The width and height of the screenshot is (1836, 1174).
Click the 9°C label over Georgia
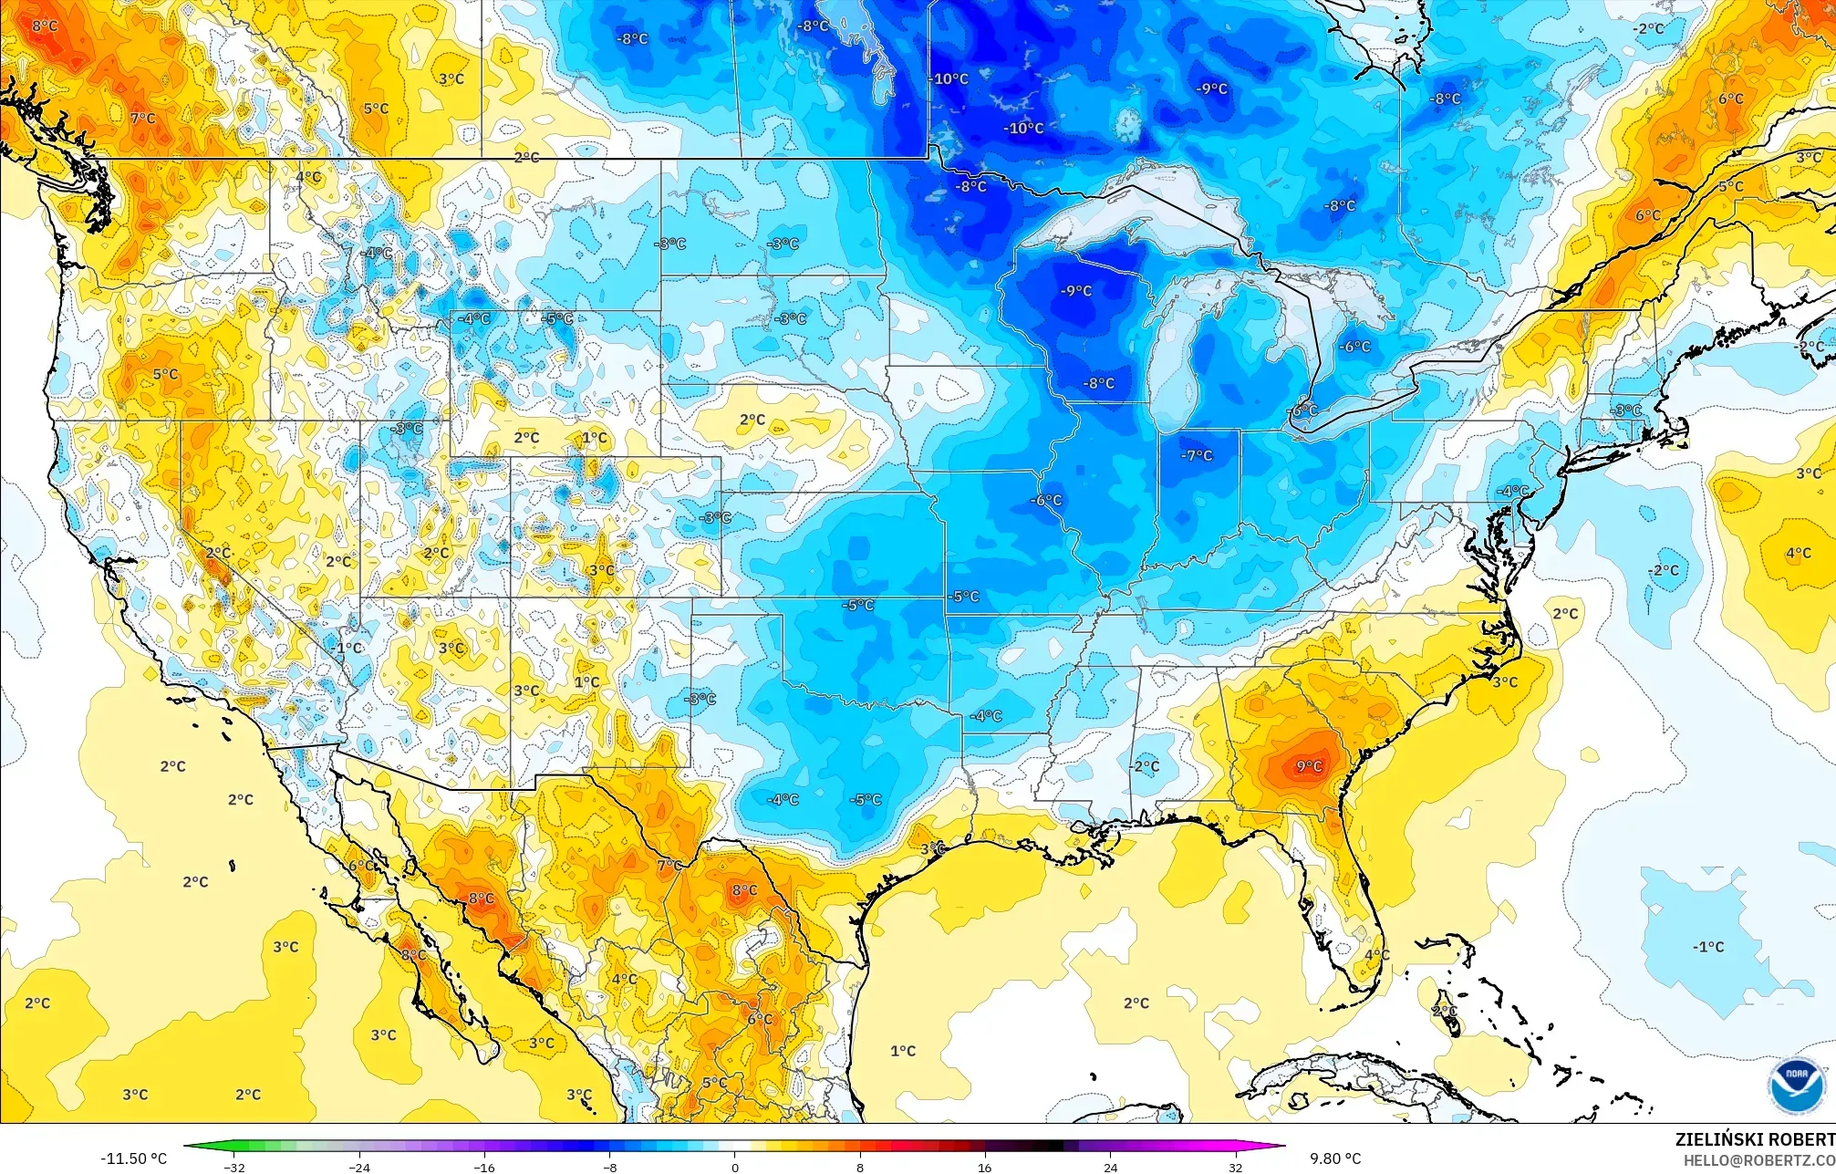(1309, 766)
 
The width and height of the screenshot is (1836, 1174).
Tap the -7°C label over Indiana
(1197, 455)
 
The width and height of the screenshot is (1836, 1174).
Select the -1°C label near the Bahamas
(1708, 947)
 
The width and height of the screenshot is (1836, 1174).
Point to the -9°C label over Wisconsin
(1076, 291)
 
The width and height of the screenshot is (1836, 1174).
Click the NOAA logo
(1796, 1086)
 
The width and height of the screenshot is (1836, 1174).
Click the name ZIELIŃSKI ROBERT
(1754, 1139)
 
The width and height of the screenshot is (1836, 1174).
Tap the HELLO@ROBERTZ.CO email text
(1758, 1160)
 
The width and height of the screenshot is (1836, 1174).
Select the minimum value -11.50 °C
(134, 1158)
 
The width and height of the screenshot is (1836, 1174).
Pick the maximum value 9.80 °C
(1335, 1158)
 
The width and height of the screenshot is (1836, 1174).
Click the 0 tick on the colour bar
(735, 1167)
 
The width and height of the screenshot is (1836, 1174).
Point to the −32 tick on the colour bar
(234, 1167)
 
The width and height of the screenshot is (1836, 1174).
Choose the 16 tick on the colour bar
(985, 1167)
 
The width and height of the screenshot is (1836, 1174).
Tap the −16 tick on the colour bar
(484, 1167)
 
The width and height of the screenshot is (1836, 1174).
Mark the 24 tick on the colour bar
(1110, 1167)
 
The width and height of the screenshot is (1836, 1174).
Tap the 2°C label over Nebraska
(752, 420)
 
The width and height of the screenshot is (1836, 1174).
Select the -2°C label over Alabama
(1146, 766)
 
